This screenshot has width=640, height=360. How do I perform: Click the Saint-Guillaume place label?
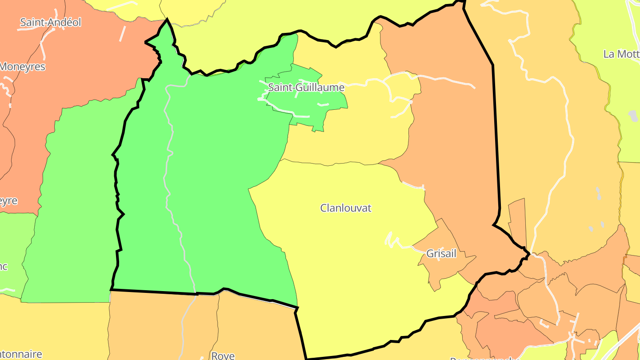pos(306,88)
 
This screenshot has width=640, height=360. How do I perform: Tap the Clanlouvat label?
pos(346,208)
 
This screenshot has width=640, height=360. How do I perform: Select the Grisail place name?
pos(441,254)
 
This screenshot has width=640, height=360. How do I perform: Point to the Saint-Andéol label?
pos(51,22)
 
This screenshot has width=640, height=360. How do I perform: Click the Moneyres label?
pos(23,67)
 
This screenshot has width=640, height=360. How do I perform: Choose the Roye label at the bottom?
pos(223,356)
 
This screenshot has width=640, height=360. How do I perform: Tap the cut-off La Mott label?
pos(621,54)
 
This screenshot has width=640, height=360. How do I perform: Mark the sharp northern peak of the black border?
pos(167,20)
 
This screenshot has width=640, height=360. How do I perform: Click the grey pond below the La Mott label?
pos(633,116)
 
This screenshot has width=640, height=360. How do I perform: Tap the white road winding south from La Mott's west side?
pos(564,133)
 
